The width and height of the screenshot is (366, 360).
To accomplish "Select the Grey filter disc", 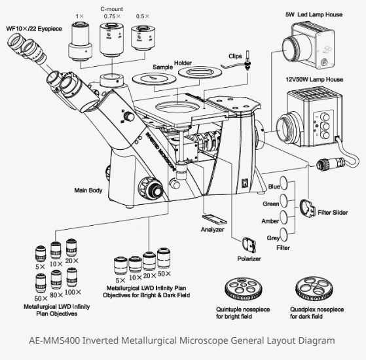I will (x=284, y=234).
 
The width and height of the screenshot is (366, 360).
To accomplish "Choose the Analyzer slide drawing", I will (x=212, y=219).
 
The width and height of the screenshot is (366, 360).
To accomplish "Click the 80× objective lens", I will (x=56, y=282).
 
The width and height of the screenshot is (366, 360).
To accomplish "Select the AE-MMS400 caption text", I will (x=183, y=340).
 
